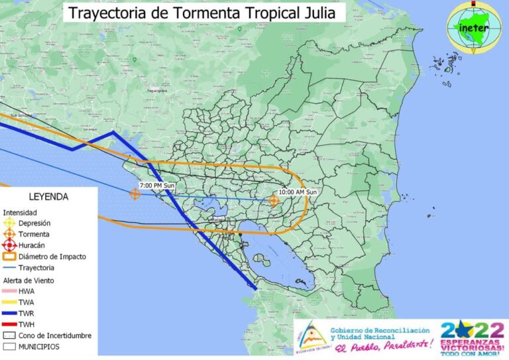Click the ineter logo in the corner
pos(473,27)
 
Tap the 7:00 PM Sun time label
pos(157,185)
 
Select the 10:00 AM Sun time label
pos(298,192)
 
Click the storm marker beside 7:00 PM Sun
pos(135,194)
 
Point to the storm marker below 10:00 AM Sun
pos(274,200)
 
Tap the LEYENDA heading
pos(48,197)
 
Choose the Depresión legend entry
pos(34,223)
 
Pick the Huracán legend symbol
pos(9,245)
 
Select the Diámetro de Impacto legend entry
pos(52,257)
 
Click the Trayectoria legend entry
pos(36,268)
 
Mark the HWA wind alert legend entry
pos(27,291)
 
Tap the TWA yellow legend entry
pos(27,302)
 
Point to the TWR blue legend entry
pos(27,313)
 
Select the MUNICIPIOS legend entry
pos(38,347)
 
